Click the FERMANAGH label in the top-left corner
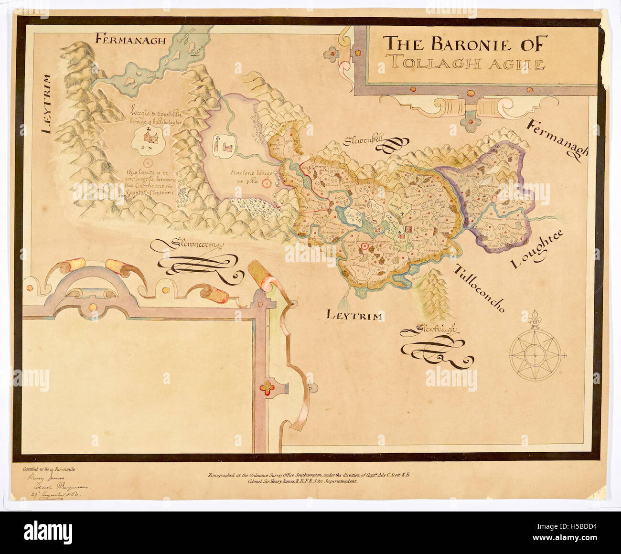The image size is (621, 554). point(130,40)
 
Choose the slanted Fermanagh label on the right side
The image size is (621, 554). point(557,138)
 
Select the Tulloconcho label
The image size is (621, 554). point(478,288)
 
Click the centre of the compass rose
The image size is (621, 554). point(535,355)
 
